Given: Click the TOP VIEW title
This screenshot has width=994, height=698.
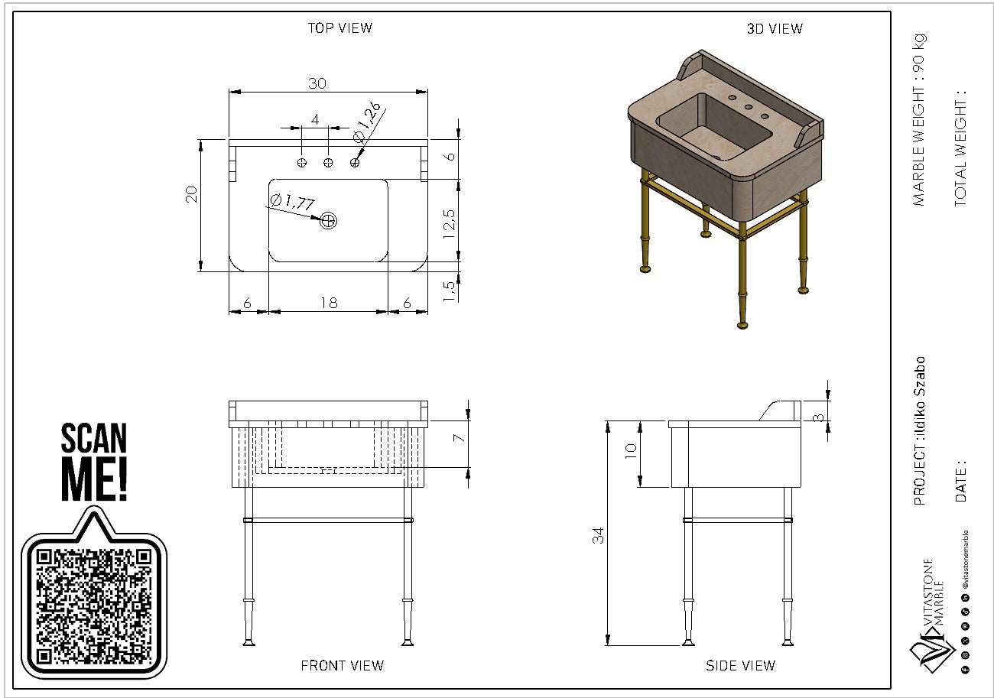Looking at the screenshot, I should pyautogui.click(x=339, y=28).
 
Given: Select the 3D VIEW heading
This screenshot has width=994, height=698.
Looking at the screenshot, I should pyautogui.click(x=775, y=29).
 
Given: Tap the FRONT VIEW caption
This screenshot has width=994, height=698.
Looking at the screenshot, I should pyautogui.click(x=342, y=665).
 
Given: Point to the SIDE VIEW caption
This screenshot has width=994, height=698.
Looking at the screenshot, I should pyautogui.click(x=740, y=666).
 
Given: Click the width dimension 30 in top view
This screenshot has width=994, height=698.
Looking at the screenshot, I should pyautogui.click(x=317, y=83).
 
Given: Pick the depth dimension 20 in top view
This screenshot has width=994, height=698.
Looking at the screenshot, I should pyautogui.click(x=192, y=194).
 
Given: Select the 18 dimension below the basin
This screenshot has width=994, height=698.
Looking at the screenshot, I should pyautogui.click(x=329, y=304).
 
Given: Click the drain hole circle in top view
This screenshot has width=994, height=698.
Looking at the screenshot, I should pyautogui.click(x=329, y=221).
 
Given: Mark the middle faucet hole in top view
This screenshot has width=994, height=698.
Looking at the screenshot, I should pyautogui.click(x=328, y=162).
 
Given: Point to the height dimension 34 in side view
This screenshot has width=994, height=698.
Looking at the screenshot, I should pyautogui.click(x=599, y=535).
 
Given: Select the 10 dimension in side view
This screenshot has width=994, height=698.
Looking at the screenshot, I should pyautogui.click(x=631, y=450).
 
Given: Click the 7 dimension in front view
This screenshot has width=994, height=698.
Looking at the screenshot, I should pyautogui.click(x=458, y=437).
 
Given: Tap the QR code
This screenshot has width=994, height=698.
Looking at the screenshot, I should pyautogui.click(x=93, y=606).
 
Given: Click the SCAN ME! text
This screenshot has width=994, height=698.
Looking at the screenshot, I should pyautogui.click(x=94, y=461).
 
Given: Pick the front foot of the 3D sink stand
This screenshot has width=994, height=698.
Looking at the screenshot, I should pyautogui.click(x=742, y=325).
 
